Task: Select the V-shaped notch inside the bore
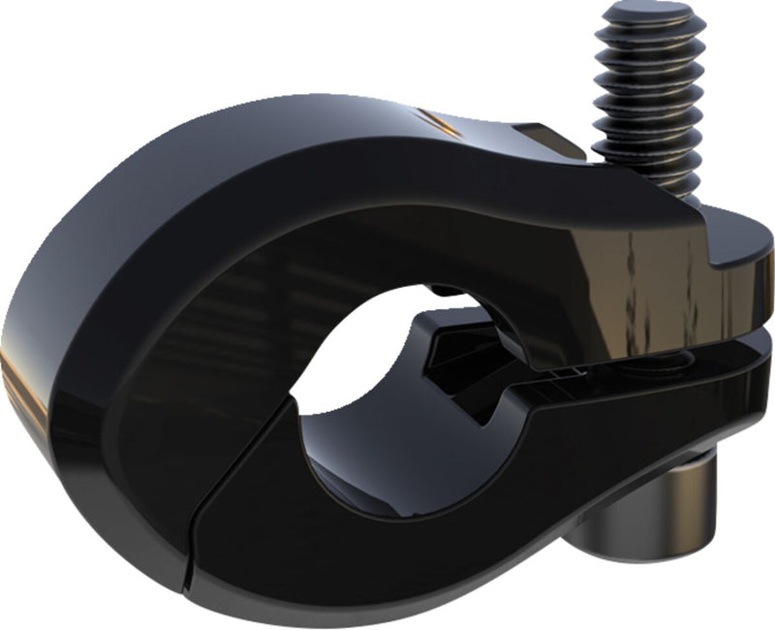point(465,388)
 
